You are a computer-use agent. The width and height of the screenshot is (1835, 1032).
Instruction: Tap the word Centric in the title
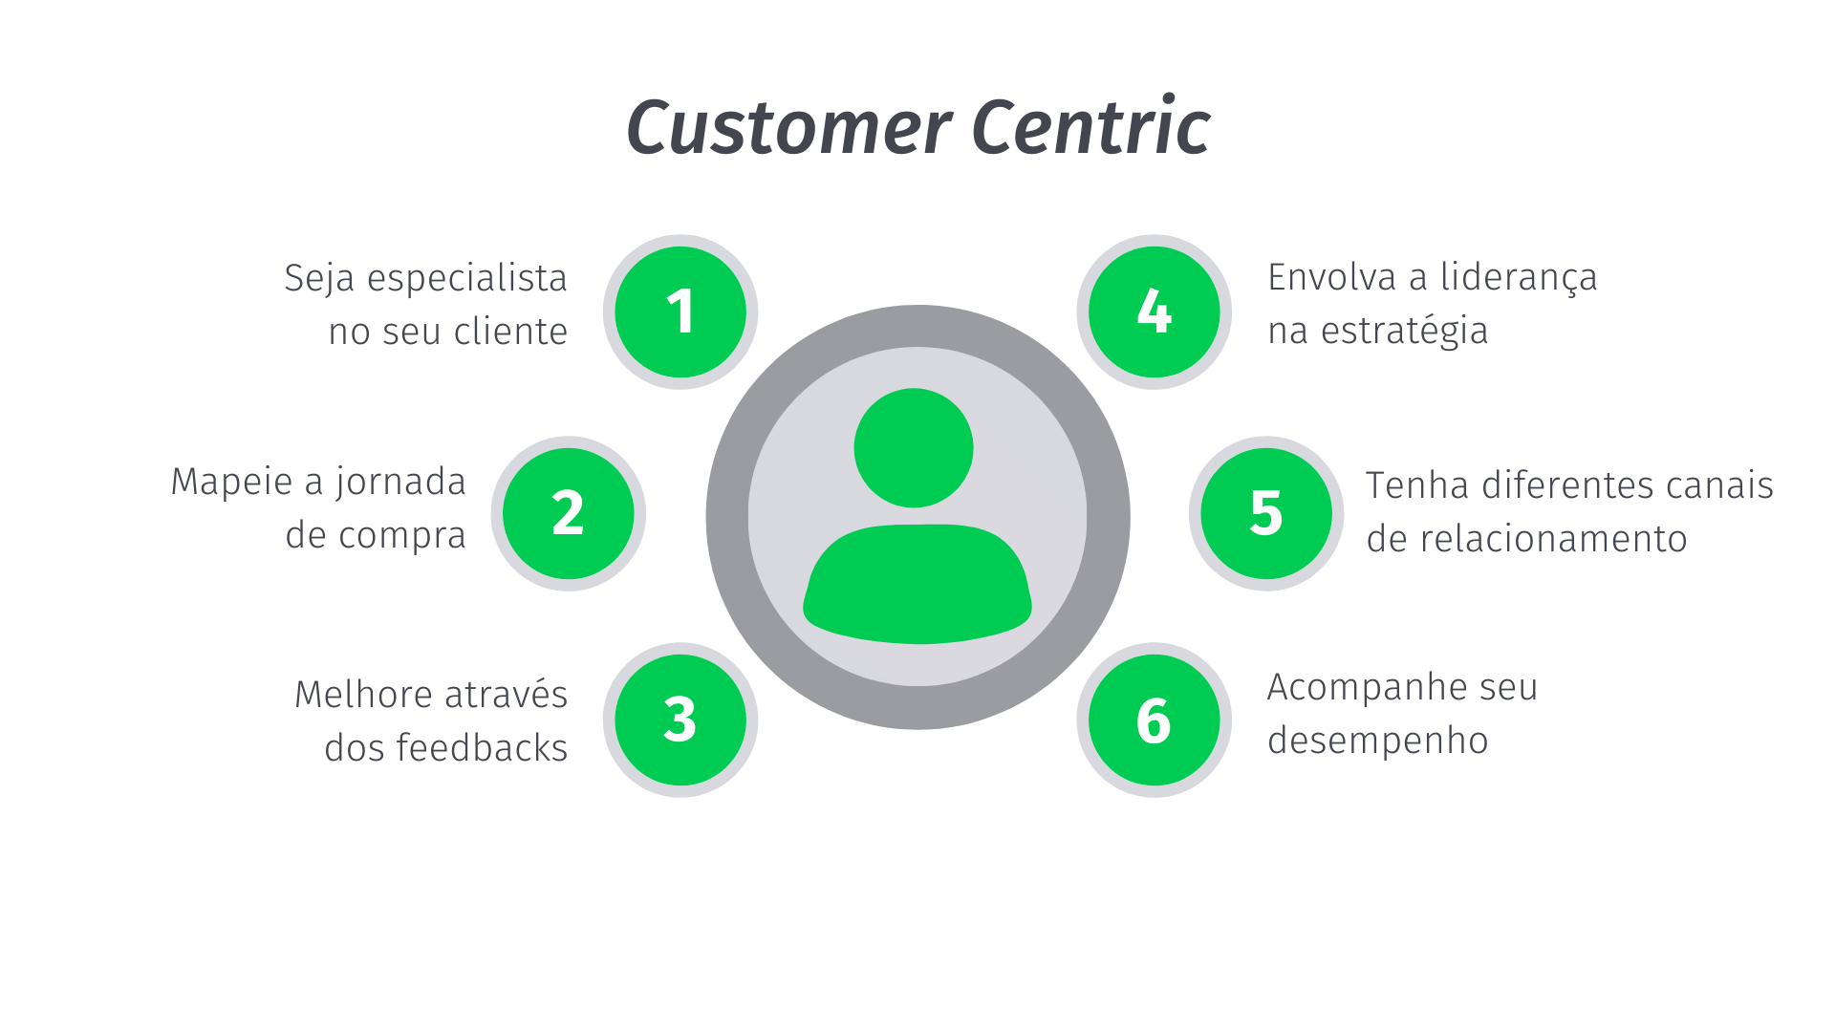(1090, 127)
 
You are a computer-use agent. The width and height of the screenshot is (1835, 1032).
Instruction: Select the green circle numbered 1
(680, 312)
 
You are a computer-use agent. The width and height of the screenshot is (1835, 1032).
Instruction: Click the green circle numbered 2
(569, 513)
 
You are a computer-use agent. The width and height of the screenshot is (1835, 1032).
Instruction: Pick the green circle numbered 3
(680, 720)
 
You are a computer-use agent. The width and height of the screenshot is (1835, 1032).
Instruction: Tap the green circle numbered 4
(1154, 312)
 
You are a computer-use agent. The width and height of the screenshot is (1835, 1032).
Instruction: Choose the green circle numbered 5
(1266, 513)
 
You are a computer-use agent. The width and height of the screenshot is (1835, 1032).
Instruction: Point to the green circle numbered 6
(1154, 720)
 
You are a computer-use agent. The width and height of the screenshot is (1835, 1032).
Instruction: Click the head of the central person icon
(914, 447)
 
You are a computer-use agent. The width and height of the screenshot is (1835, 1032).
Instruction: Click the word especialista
(467, 279)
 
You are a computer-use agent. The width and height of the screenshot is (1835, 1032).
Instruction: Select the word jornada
(400, 483)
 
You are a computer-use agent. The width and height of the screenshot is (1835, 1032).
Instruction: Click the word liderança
(1519, 278)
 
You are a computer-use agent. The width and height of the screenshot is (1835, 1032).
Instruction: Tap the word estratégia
(1404, 332)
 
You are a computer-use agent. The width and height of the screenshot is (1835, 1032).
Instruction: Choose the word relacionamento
(1553, 539)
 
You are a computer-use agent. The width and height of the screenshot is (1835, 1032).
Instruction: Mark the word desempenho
(1377, 742)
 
